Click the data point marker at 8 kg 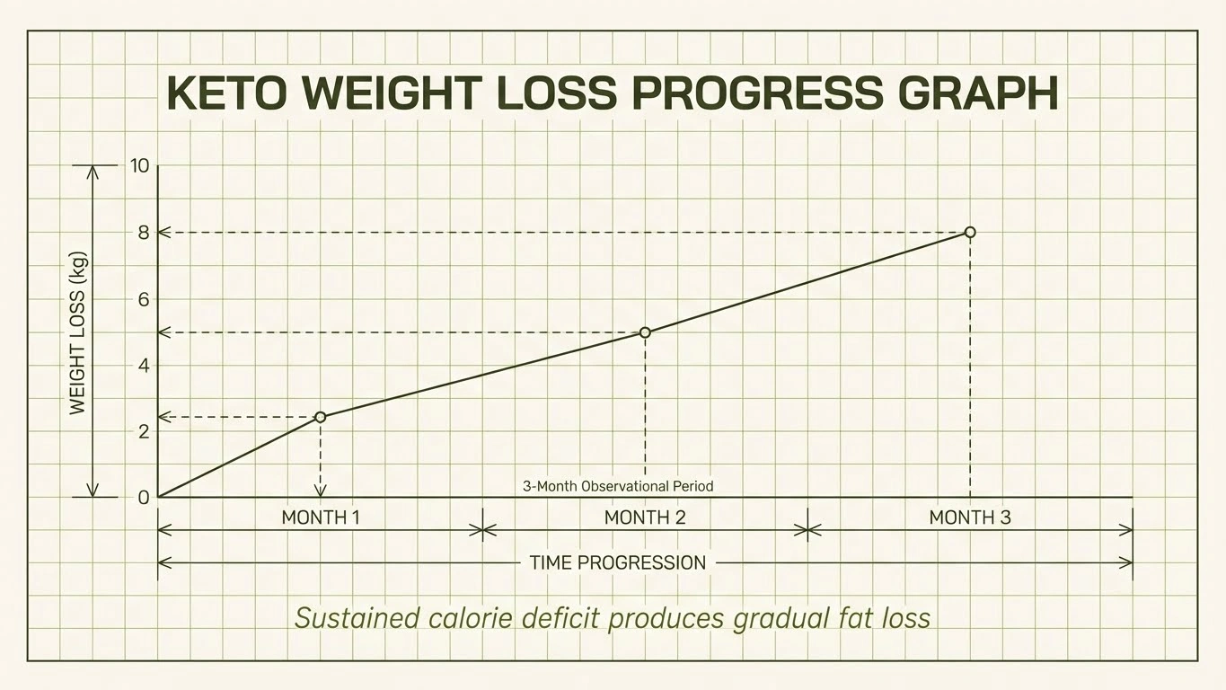970,232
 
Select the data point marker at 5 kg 645,332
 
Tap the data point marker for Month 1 321,417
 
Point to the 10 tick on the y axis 139,165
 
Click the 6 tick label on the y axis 143,299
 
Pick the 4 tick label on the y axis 143,366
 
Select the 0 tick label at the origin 143,498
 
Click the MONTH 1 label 321,517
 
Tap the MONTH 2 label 645,517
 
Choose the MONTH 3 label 970,517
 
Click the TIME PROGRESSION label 618,563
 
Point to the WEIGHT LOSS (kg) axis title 78,332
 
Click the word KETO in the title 228,93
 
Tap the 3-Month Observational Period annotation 618,487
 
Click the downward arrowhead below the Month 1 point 321,490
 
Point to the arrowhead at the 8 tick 164,233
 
